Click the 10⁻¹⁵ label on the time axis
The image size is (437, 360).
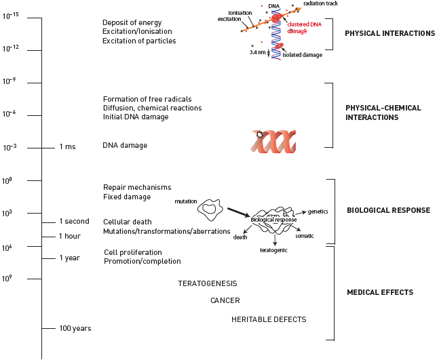[10, 16]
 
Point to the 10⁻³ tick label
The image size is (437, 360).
[10, 147]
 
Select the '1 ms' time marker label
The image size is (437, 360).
[67, 146]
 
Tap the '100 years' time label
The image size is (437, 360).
[75, 328]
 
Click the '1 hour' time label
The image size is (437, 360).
[70, 236]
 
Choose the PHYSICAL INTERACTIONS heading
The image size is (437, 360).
[389, 33]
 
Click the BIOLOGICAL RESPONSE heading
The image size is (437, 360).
[388, 210]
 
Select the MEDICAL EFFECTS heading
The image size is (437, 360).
[379, 293]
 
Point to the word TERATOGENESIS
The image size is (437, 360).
[207, 283]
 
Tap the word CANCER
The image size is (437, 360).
[225, 300]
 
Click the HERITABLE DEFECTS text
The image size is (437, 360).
[268, 319]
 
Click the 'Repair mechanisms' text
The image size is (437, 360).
[137, 187]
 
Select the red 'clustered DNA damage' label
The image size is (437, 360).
[303, 28]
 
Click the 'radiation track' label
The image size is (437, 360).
[321, 3]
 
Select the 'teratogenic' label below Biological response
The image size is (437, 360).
[274, 250]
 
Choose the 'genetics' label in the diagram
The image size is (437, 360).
[318, 212]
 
